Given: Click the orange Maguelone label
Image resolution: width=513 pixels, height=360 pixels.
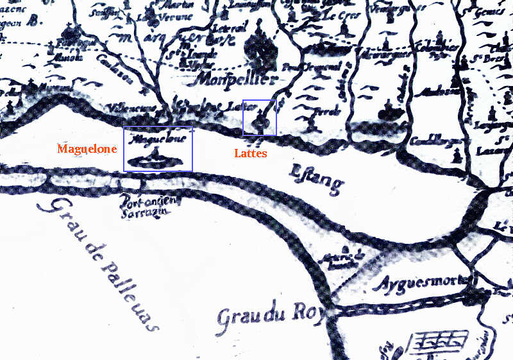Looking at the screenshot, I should pyautogui.click(x=87, y=149).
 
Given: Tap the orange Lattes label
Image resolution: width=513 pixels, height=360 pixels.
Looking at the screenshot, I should pyautogui.click(x=250, y=154).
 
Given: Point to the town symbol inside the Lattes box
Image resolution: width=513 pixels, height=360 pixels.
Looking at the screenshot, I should pyautogui.click(x=260, y=119).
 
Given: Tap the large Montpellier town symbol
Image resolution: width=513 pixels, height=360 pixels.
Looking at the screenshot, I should pyautogui.click(x=259, y=47).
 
